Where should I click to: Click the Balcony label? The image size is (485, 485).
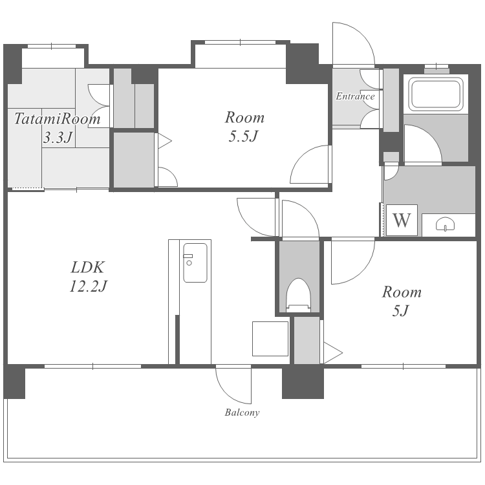242,413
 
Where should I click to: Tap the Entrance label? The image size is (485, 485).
355,96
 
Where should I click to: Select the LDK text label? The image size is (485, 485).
88,267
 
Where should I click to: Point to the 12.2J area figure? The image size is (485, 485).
88,286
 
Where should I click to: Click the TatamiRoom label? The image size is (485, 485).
58,119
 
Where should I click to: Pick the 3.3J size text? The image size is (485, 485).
58,137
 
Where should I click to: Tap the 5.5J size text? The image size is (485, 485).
243,136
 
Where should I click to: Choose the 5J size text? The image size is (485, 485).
401,310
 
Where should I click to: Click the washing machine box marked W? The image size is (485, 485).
402,221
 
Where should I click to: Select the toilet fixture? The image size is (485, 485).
299,295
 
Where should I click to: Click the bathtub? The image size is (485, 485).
436,94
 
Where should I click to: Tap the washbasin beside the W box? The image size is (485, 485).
445,224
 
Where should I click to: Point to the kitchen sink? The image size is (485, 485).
195,263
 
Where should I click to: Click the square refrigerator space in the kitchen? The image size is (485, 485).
270,339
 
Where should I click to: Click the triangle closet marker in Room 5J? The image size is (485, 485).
333,352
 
